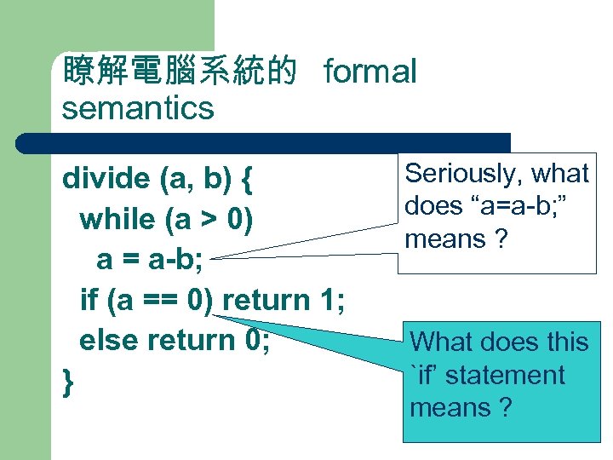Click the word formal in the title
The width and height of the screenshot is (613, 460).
[x=370, y=73]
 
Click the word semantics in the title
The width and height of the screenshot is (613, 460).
[x=137, y=108]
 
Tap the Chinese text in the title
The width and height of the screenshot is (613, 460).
[x=180, y=73]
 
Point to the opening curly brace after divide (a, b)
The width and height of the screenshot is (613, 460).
[x=247, y=181]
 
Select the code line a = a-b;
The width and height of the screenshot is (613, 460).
[x=149, y=260]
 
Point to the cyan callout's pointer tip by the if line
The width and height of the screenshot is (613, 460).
[x=217, y=314]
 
